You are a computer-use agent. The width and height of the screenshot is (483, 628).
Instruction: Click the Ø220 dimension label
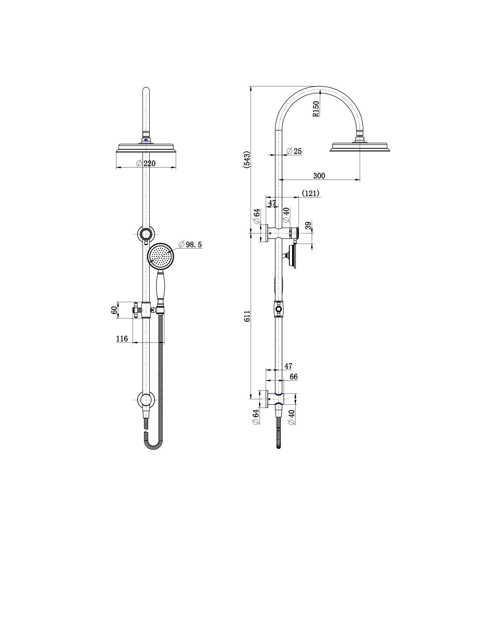146,163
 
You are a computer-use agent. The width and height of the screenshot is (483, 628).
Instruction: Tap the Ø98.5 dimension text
190,245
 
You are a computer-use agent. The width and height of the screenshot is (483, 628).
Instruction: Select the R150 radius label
316,109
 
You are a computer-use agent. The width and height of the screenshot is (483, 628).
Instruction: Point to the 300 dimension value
319,175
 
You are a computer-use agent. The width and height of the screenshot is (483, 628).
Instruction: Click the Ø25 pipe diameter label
294,151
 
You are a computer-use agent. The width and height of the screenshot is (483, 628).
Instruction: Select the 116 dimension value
122,339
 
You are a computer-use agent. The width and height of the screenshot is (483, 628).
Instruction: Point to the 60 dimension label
114,310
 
